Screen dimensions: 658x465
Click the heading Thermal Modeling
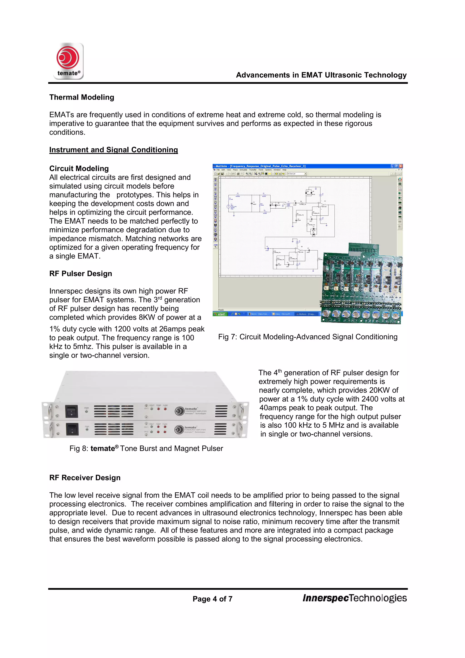coord(82,97)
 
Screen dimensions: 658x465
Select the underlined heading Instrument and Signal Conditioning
coord(113,150)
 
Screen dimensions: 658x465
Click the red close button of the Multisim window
coord(401,166)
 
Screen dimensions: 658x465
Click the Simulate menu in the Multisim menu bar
coord(243,170)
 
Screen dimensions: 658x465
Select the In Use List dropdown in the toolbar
coord(297,174)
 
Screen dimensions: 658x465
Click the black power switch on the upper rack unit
coord(71,411)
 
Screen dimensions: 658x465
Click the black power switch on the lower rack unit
coord(72,429)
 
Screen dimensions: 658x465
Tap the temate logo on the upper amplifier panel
coord(180,411)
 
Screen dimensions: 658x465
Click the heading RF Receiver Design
coord(85,478)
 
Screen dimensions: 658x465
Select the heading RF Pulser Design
coord(80,274)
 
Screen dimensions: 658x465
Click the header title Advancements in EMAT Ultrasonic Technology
coord(321,75)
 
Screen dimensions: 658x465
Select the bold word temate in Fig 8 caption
coord(102,449)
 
